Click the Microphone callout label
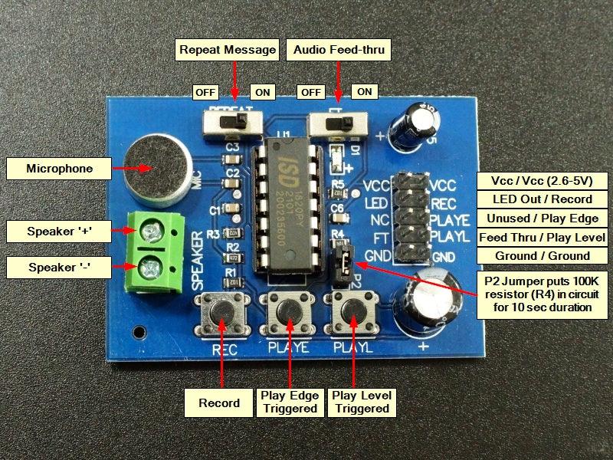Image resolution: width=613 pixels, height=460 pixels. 59,169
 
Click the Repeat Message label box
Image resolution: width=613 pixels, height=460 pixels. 227,51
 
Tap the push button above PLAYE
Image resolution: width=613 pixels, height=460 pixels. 289,311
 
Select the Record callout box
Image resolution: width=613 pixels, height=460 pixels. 219,402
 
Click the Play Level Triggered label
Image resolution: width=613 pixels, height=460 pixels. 362,402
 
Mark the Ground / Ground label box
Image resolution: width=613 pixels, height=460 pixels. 543,256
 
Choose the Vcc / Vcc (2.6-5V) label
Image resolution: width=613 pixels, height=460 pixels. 543,181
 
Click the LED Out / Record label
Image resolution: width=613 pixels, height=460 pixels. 543,199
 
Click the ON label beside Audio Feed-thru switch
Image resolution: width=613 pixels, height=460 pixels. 365,92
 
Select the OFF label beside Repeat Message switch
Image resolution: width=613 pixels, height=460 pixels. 205,92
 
